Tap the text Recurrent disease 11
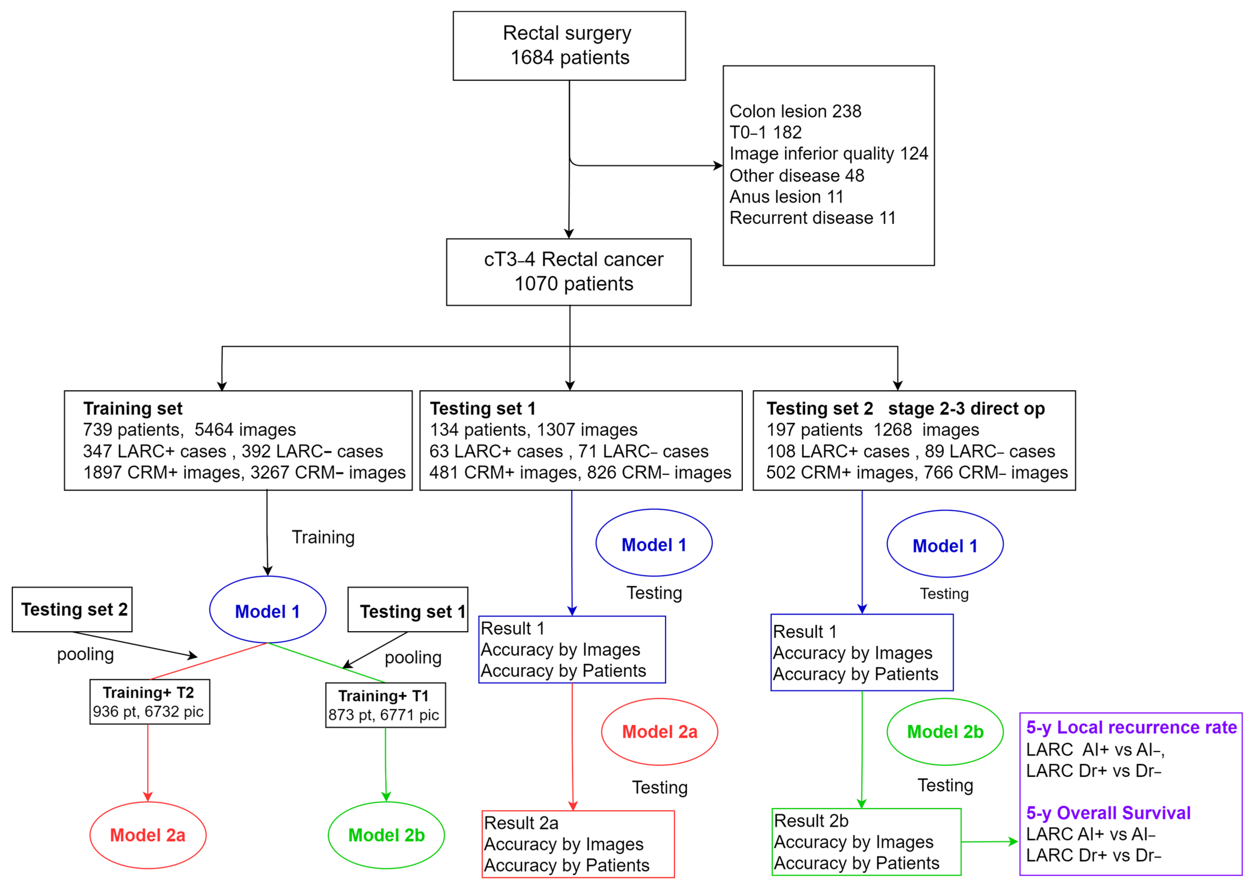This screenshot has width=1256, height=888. coord(812,218)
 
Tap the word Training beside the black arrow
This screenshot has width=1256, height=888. coord(323,537)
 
